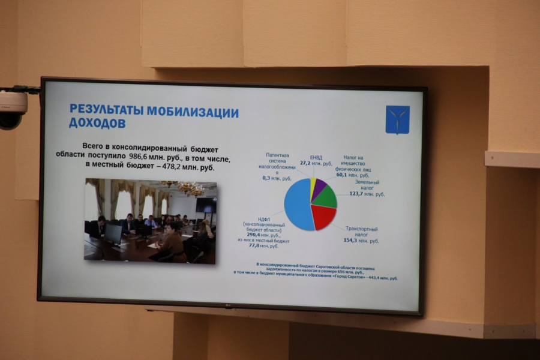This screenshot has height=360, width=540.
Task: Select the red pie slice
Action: point(323,217)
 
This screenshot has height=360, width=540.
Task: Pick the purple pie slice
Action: point(319,185)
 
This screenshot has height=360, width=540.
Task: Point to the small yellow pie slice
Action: point(313,182)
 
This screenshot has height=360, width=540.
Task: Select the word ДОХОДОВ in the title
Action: point(97,123)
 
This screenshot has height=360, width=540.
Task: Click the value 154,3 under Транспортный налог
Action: point(350,241)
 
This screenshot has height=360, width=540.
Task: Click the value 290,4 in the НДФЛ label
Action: point(251,236)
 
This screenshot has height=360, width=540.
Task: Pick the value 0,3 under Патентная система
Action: point(267,179)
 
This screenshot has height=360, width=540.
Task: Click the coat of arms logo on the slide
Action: point(397,119)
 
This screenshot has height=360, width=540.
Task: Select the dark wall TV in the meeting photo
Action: point(206,205)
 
